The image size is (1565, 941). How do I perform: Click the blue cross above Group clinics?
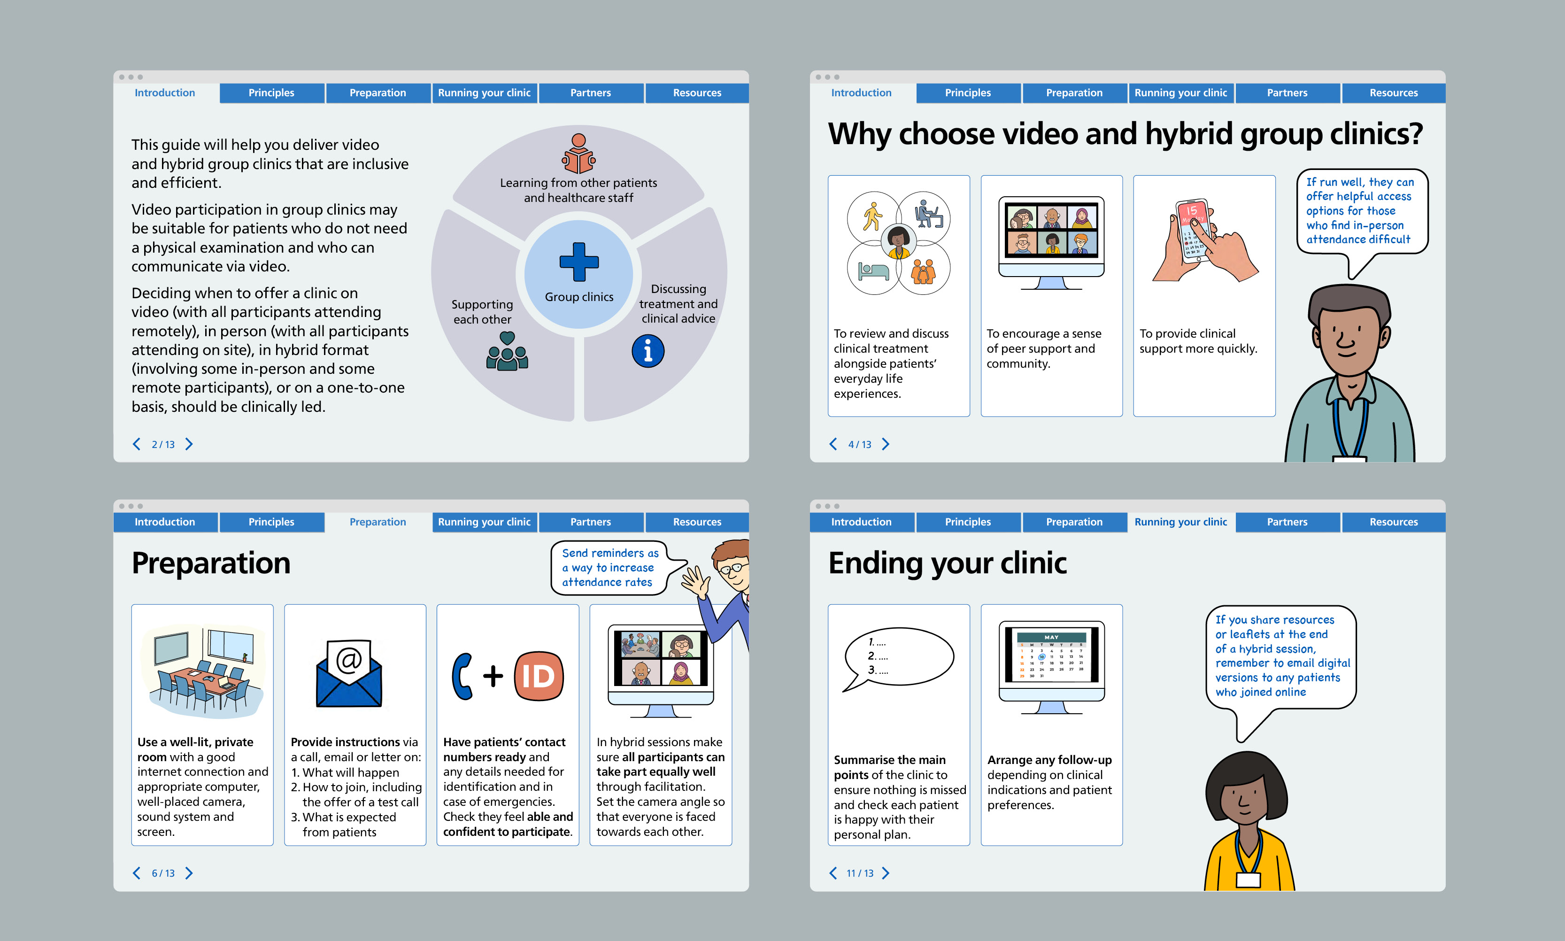pos(578,261)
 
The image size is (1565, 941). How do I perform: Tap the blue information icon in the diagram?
pos(648,351)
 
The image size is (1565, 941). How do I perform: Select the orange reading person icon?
pos(578,154)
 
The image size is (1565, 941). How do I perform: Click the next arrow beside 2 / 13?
pos(189,444)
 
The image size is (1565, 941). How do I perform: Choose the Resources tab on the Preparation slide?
pos(696,522)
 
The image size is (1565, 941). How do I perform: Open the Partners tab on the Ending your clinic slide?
pos(1287,522)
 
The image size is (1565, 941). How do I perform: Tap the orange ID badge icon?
pos(539,676)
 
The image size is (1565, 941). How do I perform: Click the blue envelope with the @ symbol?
pos(349,674)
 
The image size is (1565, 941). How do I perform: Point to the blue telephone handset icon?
pos(463,676)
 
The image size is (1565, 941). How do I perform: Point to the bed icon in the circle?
pos(873,271)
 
